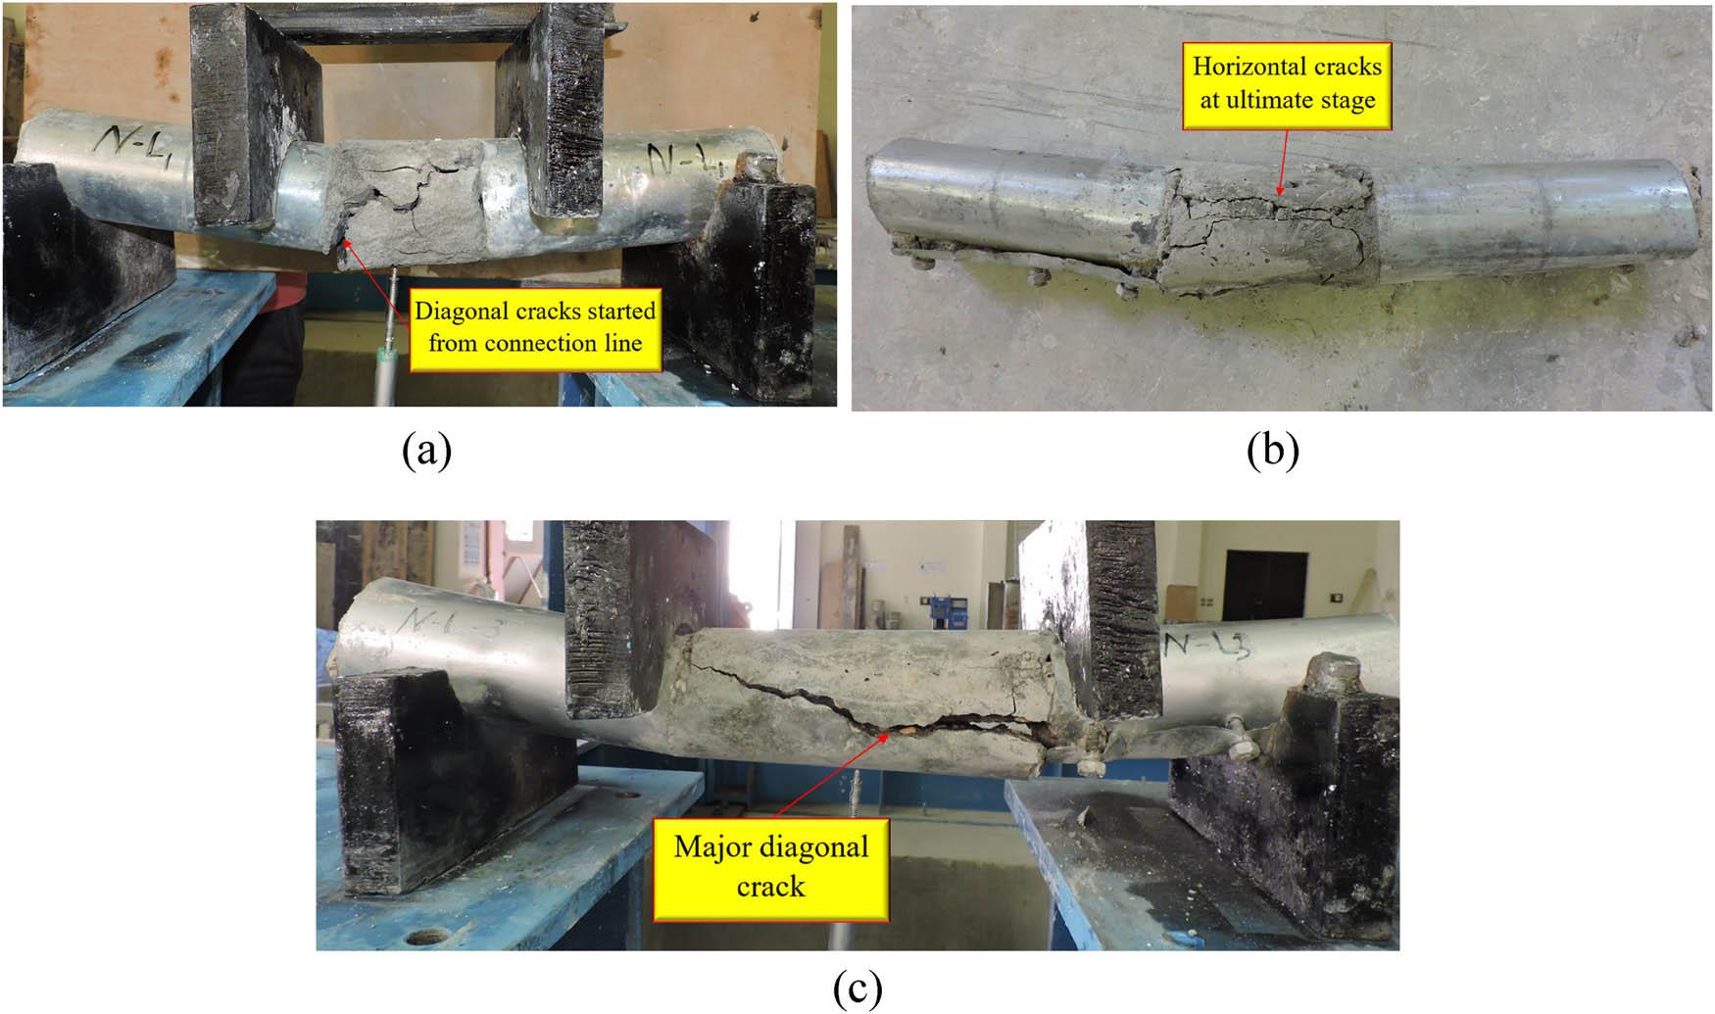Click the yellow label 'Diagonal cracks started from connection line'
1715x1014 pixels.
535,327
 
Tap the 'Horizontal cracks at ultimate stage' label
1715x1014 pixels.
1287,83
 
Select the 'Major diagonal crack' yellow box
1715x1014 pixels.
770,867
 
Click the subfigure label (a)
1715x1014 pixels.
426,452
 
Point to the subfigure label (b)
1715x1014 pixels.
1273,452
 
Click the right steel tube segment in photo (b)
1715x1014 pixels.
1529,216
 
